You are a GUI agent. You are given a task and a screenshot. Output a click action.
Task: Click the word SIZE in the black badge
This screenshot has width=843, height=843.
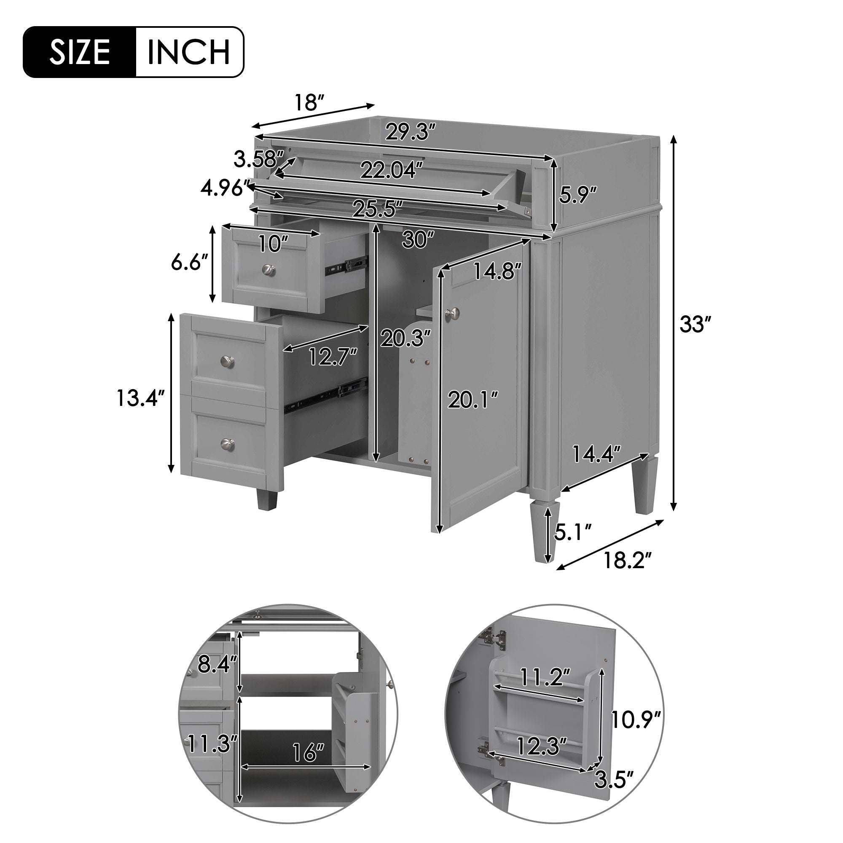tap(79, 52)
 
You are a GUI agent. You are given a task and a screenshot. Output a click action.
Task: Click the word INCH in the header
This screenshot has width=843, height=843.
tap(188, 52)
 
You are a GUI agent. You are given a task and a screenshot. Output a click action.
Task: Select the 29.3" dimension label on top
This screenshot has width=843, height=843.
tap(410, 131)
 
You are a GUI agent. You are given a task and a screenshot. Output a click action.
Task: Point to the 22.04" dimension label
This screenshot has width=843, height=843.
tap(392, 170)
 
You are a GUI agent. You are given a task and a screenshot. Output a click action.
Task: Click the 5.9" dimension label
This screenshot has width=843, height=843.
tap(579, 195)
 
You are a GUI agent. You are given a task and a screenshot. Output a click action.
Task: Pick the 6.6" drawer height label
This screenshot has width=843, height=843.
tap(189, 263)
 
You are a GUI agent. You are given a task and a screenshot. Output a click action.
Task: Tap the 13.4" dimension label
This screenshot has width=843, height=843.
tap(141, 398)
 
